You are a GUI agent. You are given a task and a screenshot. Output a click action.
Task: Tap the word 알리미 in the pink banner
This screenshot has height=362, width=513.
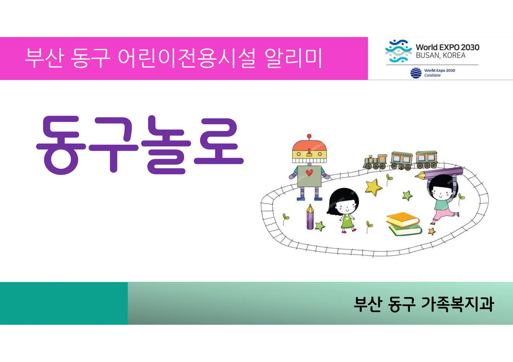(293, 58)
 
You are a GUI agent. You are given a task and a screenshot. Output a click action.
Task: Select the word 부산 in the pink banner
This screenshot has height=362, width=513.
(44, 58)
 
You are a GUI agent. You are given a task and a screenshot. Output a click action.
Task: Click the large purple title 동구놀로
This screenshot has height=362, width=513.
(140, 145)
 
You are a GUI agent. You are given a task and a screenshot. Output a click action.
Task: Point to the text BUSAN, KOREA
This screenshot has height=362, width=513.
(441, 55)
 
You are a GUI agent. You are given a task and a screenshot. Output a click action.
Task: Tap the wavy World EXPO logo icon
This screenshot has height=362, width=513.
(398, 51)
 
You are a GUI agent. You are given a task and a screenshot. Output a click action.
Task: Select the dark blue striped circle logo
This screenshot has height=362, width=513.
(416, 73)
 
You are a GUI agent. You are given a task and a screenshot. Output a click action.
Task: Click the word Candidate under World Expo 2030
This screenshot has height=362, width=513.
(432, 75)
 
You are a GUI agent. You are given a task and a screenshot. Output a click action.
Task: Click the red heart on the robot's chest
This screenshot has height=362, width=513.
(309, 172)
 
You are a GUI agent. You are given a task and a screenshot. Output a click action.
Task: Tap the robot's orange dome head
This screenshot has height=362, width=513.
(309, 145)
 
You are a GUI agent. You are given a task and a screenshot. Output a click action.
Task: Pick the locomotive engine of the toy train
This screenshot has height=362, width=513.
(375, 162)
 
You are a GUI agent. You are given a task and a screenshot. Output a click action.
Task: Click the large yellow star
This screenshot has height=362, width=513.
(373, 187)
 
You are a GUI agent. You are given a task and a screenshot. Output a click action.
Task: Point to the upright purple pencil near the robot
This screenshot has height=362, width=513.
(310, 217)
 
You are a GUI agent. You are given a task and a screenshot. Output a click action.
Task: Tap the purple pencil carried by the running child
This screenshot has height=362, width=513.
(439, 173)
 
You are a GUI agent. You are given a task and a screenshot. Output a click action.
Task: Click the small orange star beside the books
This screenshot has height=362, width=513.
(432, 231)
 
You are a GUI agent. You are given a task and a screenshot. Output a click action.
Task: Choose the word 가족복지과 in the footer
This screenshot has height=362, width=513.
(457, 304)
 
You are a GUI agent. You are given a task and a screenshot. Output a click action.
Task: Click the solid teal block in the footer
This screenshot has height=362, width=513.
(64, 303)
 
